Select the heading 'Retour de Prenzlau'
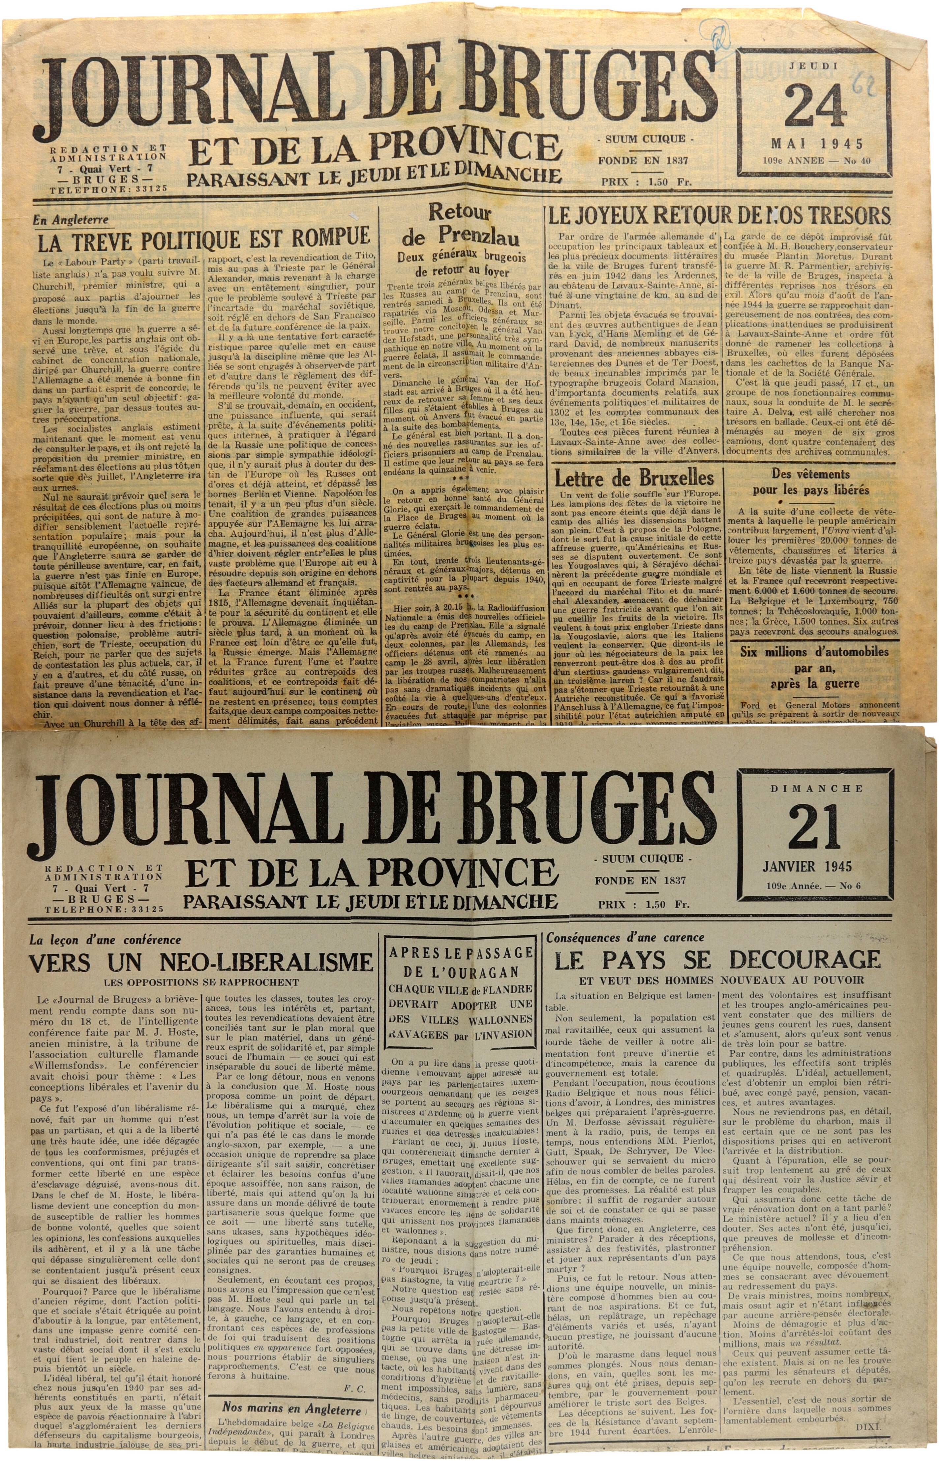[460, 224]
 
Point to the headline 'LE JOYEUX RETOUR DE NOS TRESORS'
[719, 216]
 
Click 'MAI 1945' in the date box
[816, 144]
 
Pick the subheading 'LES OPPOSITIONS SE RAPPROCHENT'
[201, 982]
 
